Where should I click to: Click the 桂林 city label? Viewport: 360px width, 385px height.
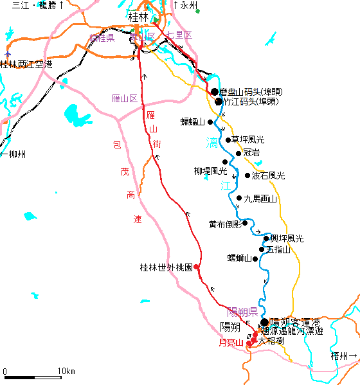(x=138, y=16)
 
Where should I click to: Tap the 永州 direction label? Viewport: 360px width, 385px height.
(x=188, y=5)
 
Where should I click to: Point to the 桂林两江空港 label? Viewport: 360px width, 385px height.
(x=26, y=64)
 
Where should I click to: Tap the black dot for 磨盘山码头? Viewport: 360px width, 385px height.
(x=215, y=92)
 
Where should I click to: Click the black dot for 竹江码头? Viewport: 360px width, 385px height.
(x=219, y=102)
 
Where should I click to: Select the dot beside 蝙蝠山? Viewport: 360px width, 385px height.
(x=210, y=121)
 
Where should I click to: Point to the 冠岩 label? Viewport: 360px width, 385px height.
(x=251, y=153)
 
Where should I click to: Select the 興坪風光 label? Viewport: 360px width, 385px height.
(x=283, y=238)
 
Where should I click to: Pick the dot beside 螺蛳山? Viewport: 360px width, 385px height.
(x=256, y=259)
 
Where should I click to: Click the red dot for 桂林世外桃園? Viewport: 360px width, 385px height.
(x=196, y=267)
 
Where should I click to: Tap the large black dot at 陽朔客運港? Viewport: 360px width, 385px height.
(x=264, y=322)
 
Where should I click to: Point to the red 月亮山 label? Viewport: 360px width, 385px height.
(x=231, y=343)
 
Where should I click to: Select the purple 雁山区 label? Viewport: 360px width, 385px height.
(x=125, y=99)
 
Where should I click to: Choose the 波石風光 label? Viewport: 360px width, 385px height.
(x=268, y=175)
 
